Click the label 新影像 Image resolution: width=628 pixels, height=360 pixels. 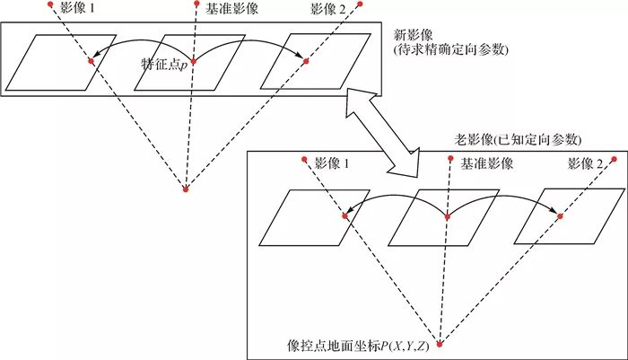[x=414, y=35]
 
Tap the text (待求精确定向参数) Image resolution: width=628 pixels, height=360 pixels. [x=451, y=50]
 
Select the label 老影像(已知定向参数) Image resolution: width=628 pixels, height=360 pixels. [x=518, y=139]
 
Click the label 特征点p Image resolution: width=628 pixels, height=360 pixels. [x=164, y=65]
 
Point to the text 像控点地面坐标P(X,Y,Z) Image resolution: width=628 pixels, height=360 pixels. [x=359, y=346]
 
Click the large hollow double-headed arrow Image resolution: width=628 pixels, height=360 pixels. [x=381, y=131]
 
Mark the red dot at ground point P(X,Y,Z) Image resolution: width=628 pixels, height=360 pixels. [x=440, y=345]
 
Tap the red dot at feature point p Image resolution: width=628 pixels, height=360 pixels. [x=194, y=61]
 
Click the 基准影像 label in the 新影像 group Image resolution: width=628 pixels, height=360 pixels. [x=231, y=9]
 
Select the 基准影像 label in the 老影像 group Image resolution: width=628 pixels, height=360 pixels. [x=486, y=163]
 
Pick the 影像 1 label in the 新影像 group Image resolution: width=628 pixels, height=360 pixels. [x=77, y=8]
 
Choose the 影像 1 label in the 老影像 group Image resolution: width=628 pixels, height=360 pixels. [x=332, y=163]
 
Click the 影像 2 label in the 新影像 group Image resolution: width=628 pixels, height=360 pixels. [x=327, y=9]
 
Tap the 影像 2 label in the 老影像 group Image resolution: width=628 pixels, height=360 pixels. [x=585, y=163]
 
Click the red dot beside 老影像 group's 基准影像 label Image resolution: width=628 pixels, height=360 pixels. [x=451, y=158]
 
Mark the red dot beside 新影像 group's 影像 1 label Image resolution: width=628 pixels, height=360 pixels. [x=50, y=4]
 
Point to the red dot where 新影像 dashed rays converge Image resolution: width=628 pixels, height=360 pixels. [x=186, y=189]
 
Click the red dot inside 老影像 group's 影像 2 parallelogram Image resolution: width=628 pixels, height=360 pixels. [x=560, y=216]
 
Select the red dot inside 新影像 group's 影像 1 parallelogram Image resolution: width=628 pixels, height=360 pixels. [x=91, y=61]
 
